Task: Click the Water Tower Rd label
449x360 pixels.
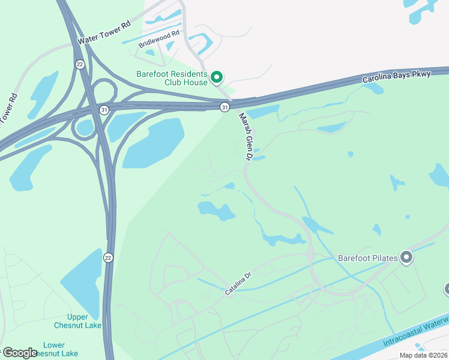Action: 104,33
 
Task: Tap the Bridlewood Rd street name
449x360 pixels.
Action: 159,39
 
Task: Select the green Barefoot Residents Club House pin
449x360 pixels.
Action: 217,77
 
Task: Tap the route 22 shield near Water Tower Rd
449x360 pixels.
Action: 79,64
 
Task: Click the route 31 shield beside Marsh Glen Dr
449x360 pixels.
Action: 224,107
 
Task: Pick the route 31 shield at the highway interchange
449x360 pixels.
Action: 104,110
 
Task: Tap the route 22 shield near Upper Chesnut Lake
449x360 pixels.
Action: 108,257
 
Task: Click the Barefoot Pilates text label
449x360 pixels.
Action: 367,258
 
